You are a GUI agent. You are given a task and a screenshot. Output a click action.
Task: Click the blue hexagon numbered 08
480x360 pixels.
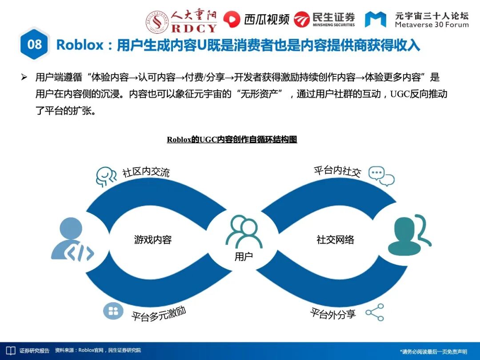34,44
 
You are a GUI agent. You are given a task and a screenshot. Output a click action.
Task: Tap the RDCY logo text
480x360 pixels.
194,28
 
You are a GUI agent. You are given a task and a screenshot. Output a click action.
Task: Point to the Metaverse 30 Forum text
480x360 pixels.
432,25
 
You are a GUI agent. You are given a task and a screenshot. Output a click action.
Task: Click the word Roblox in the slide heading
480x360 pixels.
80,45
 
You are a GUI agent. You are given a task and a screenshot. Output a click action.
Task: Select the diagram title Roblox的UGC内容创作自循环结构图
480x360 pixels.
232,140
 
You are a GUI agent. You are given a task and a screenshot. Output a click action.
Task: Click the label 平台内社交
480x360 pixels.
337,171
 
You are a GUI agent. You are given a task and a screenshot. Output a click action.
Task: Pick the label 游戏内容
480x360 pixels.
153,240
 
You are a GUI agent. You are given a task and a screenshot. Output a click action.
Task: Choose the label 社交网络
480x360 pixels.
335,240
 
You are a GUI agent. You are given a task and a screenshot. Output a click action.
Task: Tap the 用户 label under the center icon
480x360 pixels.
244,256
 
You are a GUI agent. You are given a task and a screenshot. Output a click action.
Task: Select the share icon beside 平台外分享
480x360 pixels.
375,312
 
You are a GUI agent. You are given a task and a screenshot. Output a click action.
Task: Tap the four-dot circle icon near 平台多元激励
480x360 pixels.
113,311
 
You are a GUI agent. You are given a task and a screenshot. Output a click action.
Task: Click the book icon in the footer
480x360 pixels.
10,351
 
